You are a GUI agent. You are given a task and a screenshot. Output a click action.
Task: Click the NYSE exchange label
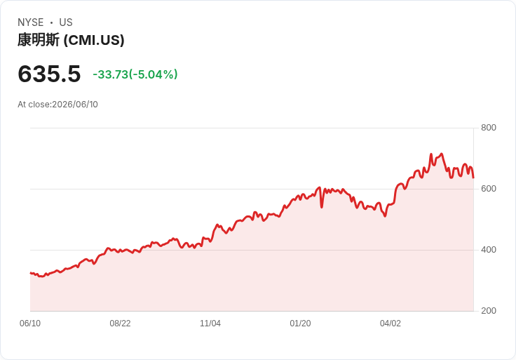pos(31,22)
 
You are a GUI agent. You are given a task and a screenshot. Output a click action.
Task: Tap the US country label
pos(66,22)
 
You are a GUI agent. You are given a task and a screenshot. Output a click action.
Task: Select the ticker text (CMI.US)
pos(94,40)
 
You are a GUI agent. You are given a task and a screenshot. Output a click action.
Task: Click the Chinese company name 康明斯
pos(39,40)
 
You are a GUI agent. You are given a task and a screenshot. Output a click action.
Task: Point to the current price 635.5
pos(49,74)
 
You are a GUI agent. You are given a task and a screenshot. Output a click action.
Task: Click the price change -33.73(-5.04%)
pos(135,74)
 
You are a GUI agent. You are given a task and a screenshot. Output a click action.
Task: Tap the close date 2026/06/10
pos(75,105)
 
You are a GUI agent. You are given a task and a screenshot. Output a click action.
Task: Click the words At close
pos(34,105)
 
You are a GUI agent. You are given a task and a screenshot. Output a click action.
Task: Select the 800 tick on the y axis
pos(489,128)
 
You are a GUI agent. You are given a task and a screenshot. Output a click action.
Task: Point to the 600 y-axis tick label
pos(489,189)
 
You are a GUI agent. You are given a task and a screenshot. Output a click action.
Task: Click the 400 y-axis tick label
pos(489,250)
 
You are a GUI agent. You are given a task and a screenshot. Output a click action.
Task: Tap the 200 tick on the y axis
pos(489,311)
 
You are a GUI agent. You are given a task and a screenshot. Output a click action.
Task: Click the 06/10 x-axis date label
pos(30,324)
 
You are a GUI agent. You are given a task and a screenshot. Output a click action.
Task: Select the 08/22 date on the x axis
pos(120,324)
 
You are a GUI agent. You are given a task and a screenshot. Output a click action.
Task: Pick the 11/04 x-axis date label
pos(210,324)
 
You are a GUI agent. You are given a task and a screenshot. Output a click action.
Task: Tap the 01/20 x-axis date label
pos(300,324)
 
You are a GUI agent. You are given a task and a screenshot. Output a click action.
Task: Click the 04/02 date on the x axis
pos(391,324)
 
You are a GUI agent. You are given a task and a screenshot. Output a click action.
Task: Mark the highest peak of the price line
pos(441,154)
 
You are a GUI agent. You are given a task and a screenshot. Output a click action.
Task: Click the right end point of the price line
pos(473,178)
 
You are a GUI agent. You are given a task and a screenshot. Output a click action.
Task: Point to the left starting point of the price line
pos(31,273)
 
